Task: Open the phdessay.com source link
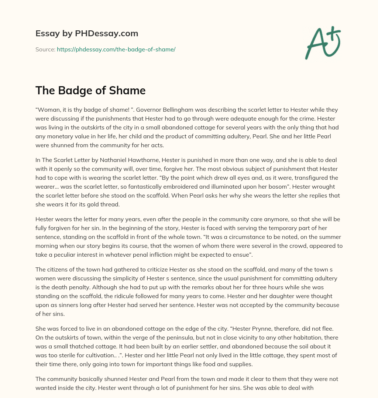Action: (116, 49)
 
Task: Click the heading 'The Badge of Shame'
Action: (90, 91)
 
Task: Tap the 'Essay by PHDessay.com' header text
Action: (87, 34)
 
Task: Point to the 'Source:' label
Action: (45, 49)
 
